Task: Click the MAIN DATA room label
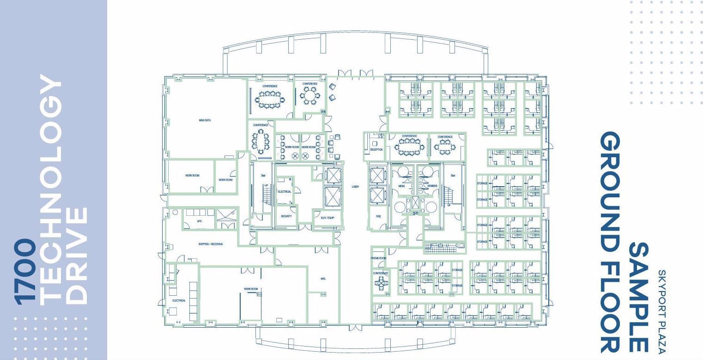[x=205, y=120]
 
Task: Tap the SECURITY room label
[x=286, y=216]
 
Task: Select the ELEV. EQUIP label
[x=327, y=218]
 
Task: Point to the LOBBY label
[x=355, y=187]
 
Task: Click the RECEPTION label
[x=376, y=150]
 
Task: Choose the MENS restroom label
[x=401, y=186]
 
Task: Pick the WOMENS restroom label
[x=432, y=186]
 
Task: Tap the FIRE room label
[x=378, y=216]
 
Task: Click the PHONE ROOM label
[x=378, y=258]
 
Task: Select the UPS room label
[x=199, y=221]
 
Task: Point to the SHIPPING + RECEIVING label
[x=211, y=244]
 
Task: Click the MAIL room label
[x=323, y=279]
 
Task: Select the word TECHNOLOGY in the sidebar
[x=50, y=189]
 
